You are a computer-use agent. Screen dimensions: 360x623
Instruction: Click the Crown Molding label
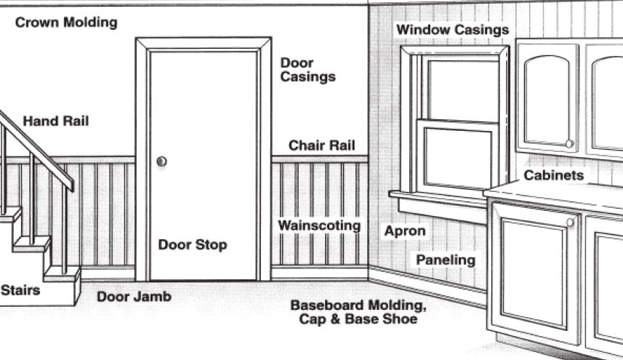tap(66, 23)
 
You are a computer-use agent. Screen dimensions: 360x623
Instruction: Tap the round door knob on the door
tap(161, 161)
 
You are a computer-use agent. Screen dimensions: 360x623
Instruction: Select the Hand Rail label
tap(55, 121)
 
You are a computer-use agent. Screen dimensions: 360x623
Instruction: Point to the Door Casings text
tap(308, 70)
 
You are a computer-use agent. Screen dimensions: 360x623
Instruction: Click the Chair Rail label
tap(321, 145)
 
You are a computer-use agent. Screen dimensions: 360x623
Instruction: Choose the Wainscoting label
tap(319, 225)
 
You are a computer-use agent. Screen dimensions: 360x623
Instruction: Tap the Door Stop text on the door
tap(193, 244)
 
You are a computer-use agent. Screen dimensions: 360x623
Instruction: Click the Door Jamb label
tap(134, 297)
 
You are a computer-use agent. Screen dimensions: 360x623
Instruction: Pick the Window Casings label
tap(452, 30)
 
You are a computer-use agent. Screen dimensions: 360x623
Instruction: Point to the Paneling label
tap(446, 260)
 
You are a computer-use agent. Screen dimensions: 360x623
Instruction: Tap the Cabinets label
tap(553, 175)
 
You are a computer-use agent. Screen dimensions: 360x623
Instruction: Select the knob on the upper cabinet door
tap(569, 144)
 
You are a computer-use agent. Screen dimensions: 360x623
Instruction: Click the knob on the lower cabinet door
tap(569, 223)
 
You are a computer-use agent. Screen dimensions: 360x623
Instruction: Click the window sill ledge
tap(436, 198)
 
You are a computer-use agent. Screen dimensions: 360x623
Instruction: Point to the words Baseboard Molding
tap(358, 305)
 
